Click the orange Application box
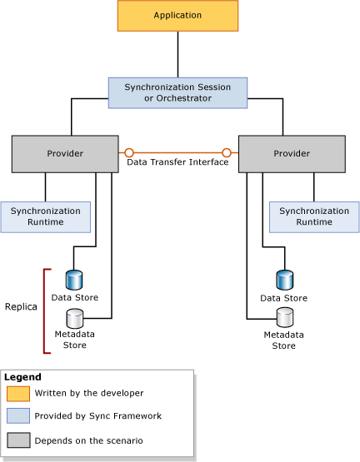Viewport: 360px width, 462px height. [x=177, y=16]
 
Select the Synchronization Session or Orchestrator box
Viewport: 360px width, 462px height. [x=177, y=92]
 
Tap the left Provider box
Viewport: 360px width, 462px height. [x=64, y=154]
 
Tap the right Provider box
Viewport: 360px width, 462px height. [x=292, y=154]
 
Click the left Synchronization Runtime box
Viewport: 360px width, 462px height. [x=45, y=216]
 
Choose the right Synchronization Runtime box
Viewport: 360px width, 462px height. [x=313, y=216]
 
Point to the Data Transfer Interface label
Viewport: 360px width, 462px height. [x=177, y=162]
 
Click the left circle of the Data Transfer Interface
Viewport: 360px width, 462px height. [x=129, y=153]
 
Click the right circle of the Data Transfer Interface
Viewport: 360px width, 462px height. [x=227, y=153]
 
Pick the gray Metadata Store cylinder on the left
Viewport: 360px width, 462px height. [x=74, y=317]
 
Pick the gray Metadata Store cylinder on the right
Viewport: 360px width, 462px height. [x=285, y=317]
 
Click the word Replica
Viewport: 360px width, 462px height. [x=21, y=306]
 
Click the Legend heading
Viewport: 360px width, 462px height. [x=22, y=377]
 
